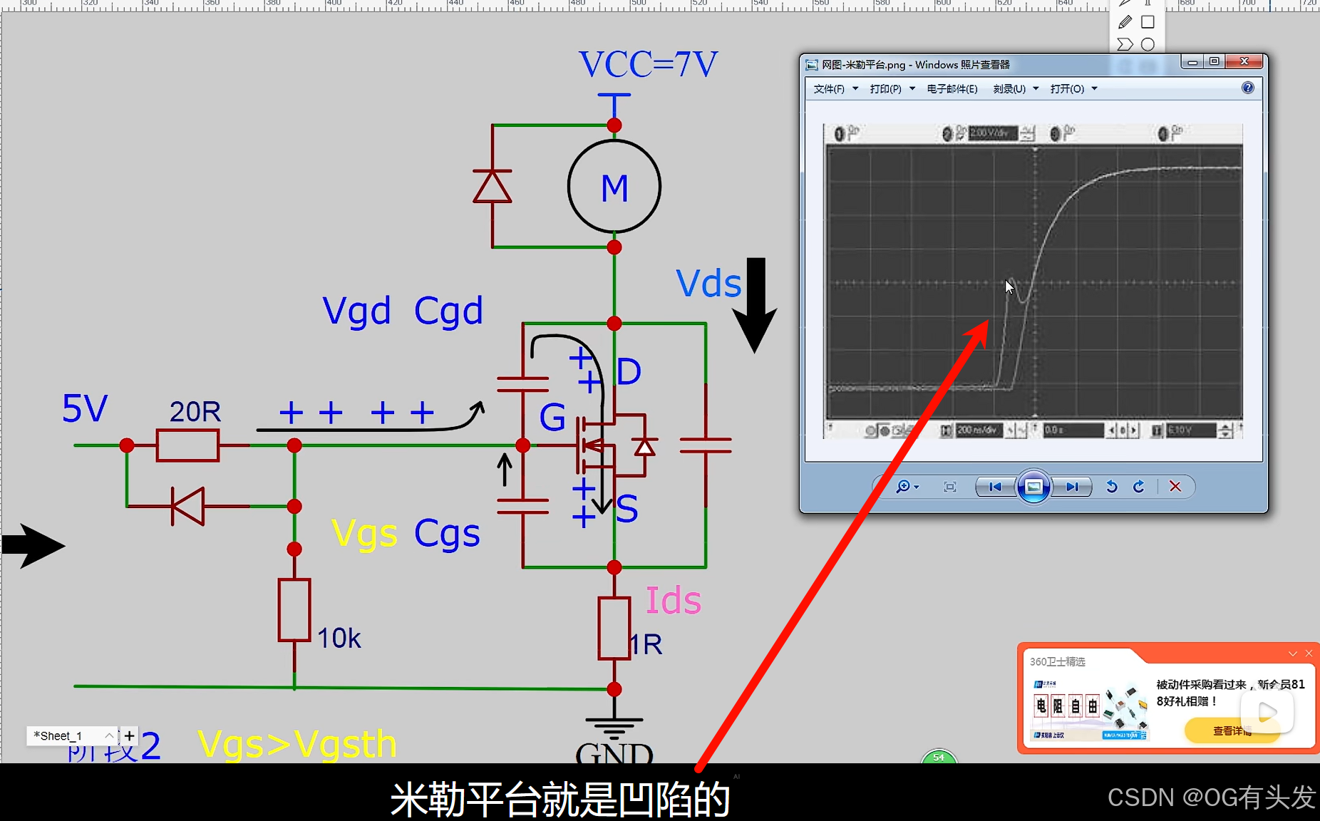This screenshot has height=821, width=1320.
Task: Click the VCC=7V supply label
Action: pos(647,65)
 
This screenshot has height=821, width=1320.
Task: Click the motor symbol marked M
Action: pos(614,187)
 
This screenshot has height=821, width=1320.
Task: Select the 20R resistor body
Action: pos(187,445)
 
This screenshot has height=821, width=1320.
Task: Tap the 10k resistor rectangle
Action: pos(294,610)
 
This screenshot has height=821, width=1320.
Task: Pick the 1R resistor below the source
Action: pos(614,628)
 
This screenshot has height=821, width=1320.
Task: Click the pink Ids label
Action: pos(673,601)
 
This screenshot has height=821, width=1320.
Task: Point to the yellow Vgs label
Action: pos(364,534)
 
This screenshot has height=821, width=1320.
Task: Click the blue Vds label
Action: pos(708,284)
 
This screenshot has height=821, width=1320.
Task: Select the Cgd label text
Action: pos(448,311)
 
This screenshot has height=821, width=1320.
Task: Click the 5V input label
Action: pos(85,409)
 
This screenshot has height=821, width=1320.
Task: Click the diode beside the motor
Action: pos(492,187)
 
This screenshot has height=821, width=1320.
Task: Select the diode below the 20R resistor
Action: pos(188,506)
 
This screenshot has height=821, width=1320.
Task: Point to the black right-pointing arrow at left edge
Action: pos(33,546)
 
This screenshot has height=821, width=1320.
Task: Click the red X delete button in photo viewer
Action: pos(1175,487)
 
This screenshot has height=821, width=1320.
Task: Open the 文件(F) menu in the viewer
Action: pos(830,89)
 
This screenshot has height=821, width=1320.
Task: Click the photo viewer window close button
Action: pos(1244,62)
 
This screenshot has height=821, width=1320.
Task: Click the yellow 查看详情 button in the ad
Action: pos(1232,730)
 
